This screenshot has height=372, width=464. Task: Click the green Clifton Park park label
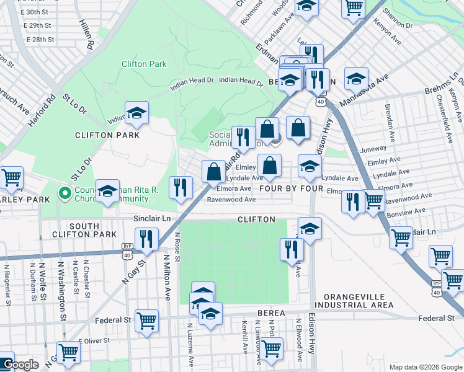pyautogui.click(x=144, y=64)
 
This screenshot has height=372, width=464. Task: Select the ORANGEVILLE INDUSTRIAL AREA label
pyautogui.click(x=354, y=301)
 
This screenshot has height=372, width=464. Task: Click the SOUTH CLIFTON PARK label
pyautogui.click(x=93, y=230)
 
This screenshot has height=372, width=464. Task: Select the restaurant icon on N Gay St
pyautogui.click(x=146, y=239)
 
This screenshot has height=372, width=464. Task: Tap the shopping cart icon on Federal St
pyautogui.click(x=147, y=321)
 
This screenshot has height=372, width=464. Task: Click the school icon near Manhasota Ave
pyautogui.click(x=356, y=79)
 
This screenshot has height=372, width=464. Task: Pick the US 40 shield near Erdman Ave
pyautogui.click(x=320, y=100)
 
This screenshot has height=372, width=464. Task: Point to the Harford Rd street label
pyautogui.click(x=42, y=110)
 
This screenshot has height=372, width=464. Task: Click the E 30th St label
pyautogui.click(x=33, y=12)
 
